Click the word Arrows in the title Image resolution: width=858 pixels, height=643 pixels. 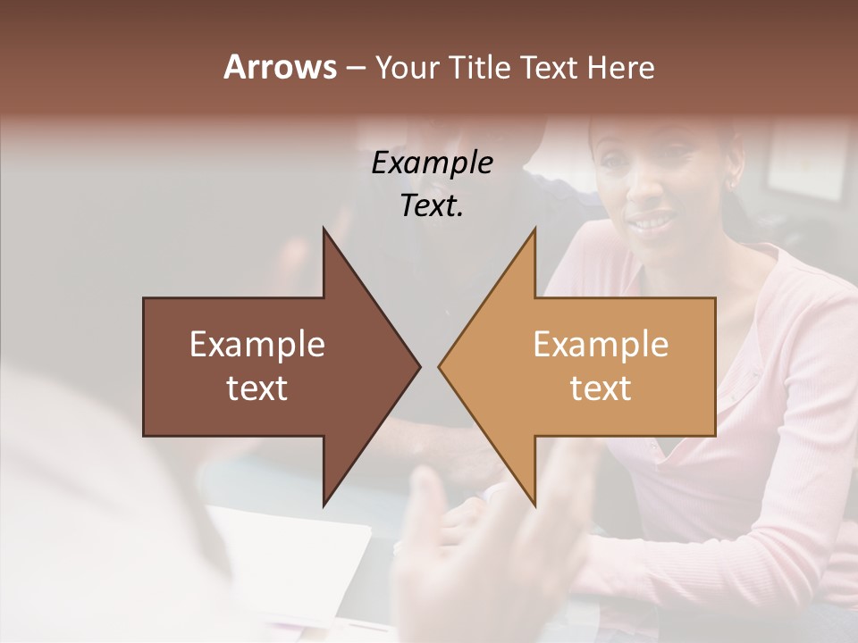[280, 67]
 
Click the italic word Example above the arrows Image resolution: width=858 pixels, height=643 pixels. [432, 163]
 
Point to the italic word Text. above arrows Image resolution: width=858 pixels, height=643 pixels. [432, 205]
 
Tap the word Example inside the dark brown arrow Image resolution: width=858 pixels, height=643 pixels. [257, 345]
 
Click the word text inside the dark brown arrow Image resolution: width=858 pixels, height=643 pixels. [257, 388]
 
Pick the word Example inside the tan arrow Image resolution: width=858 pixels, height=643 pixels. [601, 345]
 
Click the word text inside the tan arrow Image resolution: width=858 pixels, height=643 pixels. [601, 388]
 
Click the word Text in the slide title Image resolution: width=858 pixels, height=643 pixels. [550, 67]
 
